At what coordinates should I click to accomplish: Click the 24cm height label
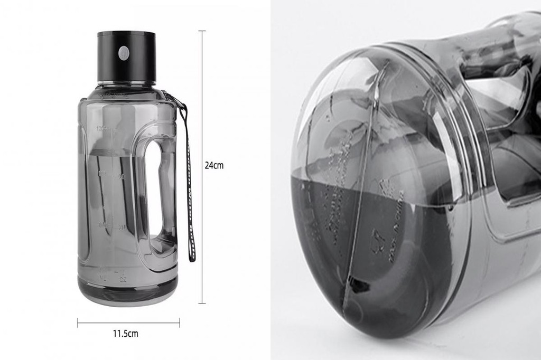click(x=214, y=165)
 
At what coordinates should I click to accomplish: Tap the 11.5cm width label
click(x=125, y=334)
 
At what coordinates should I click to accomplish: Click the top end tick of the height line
click(x=202, y=31)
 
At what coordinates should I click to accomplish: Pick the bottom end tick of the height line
click(x=202, y=303)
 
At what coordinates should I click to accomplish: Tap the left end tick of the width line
click(x=78, y=323)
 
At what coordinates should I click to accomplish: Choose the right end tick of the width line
click(x=180, y=323)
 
